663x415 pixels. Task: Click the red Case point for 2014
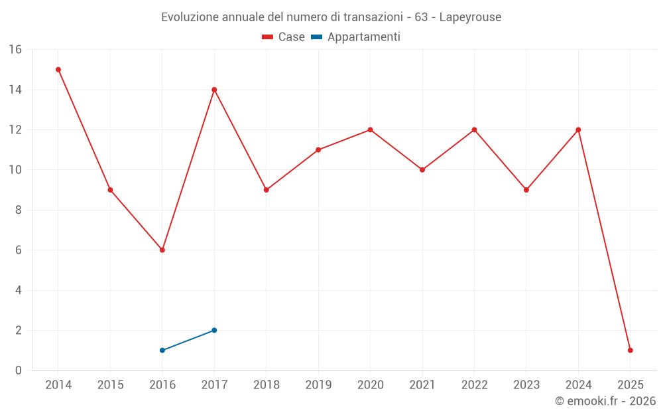pos(58,70)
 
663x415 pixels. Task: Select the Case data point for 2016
pos(162,250)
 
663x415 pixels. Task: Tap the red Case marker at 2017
pos(214,90)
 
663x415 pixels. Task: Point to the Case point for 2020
pos(370,129)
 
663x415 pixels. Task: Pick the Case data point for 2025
pos(631,351)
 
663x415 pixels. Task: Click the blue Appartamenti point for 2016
pos(162,351)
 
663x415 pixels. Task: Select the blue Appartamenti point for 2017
pos(214,330)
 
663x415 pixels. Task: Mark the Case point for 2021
pos(422,170)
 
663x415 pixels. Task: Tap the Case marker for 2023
pos(526,190)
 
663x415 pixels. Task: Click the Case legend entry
pos(284,37)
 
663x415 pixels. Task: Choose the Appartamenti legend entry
pos(356,37)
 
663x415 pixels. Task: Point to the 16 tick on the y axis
pos(15,50)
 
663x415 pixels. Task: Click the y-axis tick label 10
pos(15,170)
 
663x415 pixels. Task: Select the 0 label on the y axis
pos(19,371)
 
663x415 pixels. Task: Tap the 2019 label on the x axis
pos(318,385)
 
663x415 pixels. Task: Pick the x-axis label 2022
pos(474,385)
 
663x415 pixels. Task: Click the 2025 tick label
pos(631,385)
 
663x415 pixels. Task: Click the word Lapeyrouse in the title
pos(470,17)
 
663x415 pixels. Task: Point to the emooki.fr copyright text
pos(605,401)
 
